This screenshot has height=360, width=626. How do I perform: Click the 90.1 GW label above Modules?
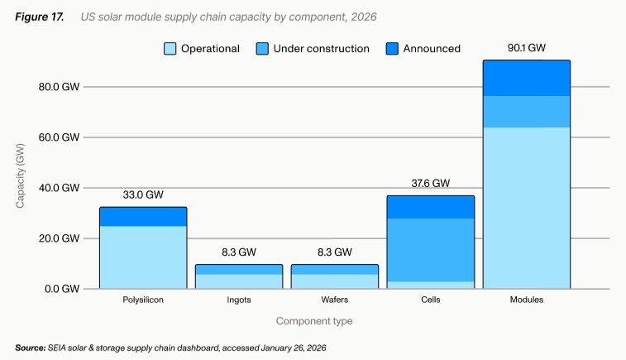(x=526, y=48)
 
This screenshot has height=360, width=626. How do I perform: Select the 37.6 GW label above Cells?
(x=430, y=183)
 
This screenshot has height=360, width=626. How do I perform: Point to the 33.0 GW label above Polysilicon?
(x=142, y=194)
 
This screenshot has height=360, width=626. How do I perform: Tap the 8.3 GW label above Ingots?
(x=238, y=252)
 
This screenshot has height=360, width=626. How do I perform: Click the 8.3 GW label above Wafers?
(x=334, y=252)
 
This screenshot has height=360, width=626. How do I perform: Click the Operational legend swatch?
(x=170, y=49)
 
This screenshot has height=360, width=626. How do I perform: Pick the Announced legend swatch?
(x=392, y=49)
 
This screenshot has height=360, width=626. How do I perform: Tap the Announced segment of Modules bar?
(x=526, y=79)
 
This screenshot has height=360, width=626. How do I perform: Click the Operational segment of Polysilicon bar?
(x=142, y=257)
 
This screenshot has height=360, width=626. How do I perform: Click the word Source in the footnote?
(x=30, y=348)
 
